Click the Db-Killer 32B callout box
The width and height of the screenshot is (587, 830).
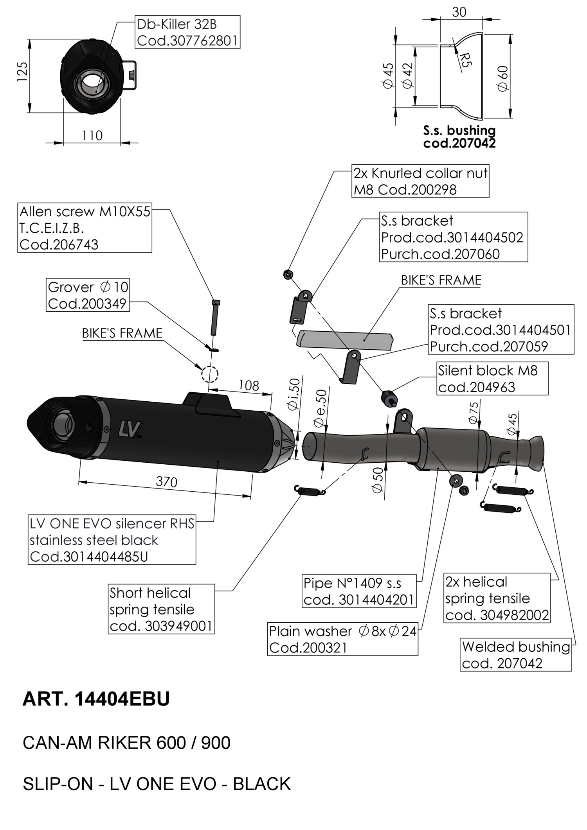(187, 32)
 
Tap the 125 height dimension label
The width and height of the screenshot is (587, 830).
(22, 72)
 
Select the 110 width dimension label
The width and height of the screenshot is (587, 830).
(92, 136)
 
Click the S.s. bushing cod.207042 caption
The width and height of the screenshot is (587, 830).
(459, 137)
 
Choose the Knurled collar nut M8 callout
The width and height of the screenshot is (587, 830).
(420, 181)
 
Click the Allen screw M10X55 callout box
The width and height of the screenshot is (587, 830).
(85, 228)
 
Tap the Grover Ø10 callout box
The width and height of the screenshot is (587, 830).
(88, 295)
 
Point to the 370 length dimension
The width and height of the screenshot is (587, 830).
(166, 482)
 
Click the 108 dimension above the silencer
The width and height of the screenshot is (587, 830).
(249, 386)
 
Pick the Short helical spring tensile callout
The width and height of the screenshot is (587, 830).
(161, 609)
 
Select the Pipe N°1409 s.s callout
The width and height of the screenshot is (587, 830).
(358, 591)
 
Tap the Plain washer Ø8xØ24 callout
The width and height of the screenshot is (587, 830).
(343, 639)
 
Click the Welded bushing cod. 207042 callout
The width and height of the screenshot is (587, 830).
(515, 655)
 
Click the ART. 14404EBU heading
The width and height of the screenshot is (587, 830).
(96, 699)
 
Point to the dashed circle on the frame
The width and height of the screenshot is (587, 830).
(210, 374)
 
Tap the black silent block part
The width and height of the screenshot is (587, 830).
(388, 398)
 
